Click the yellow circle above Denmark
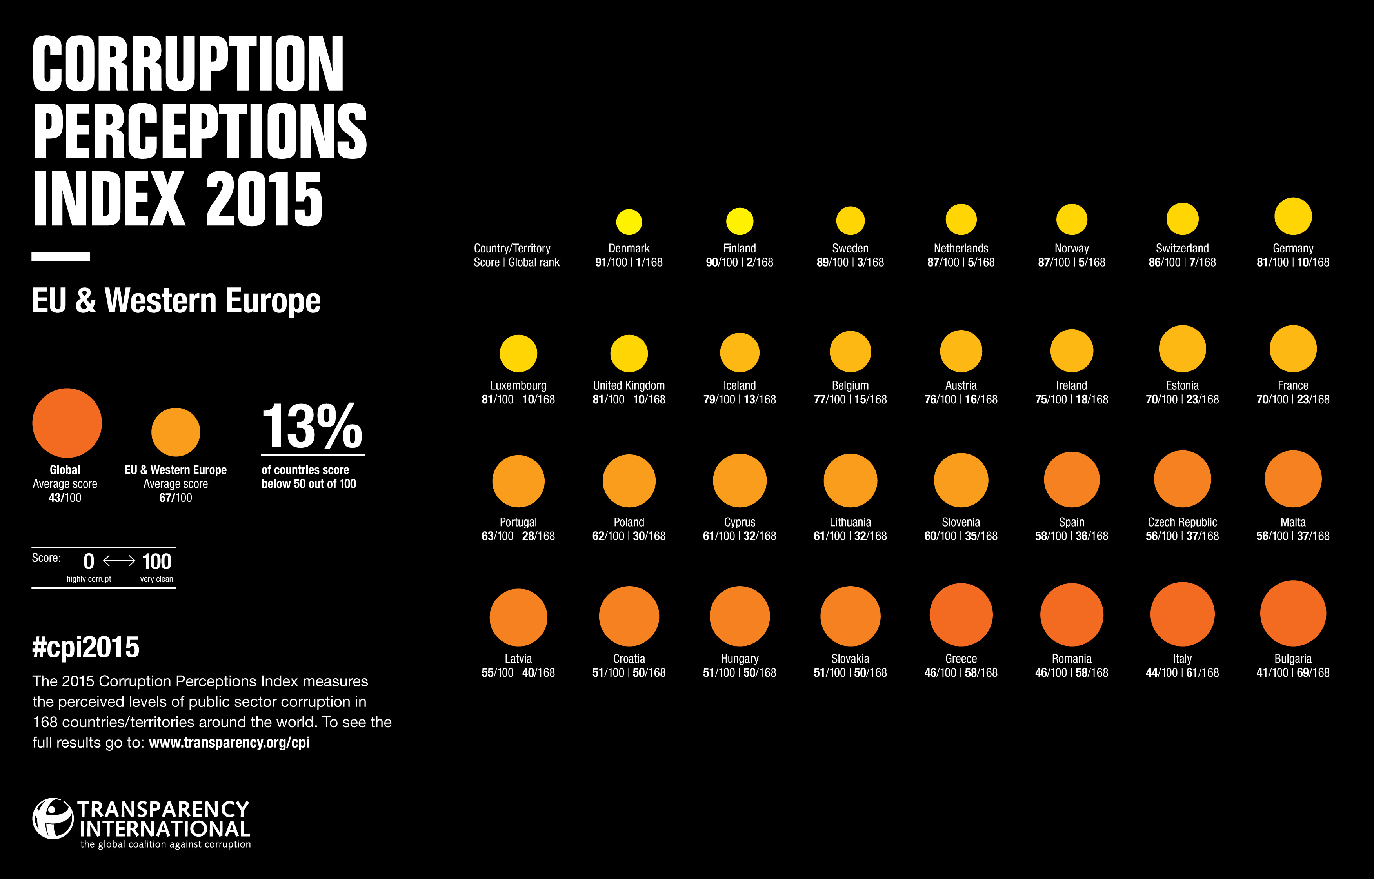(629, 222)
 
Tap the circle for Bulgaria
(1292, 613)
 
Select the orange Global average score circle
(67, 423)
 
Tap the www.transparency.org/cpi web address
(229, 742)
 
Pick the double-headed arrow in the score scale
(119, 561)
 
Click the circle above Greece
(961, 615)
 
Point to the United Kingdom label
(629, 385)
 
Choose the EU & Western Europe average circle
(175, 432)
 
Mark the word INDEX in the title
(109, 199)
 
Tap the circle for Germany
(1292, 216)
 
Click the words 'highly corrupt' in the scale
(89, 579)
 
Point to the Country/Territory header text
(512, 248)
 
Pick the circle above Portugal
(518, 481)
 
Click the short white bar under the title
(60, 256)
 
